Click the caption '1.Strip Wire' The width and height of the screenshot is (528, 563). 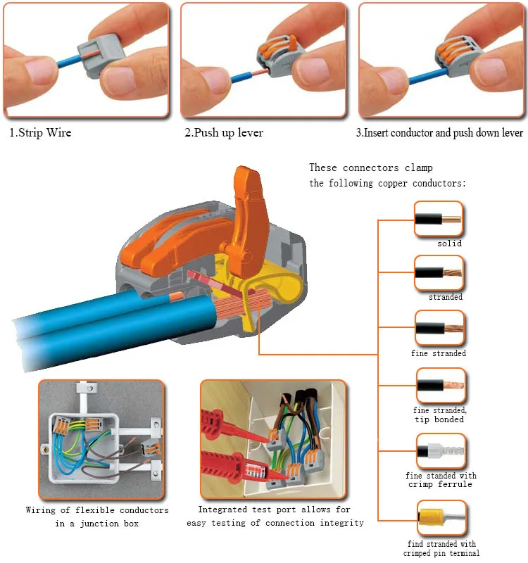point(40,133)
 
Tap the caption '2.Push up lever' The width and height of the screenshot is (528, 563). point(224,133)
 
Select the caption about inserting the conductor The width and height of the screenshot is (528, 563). point(439,133)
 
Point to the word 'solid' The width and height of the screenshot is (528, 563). point(449,243)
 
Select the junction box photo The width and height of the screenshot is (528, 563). point(101,439)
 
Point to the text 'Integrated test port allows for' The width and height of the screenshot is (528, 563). point(275,510)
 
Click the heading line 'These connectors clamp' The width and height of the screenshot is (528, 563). point(371,167)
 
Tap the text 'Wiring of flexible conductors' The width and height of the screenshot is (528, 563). point(97,510)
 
